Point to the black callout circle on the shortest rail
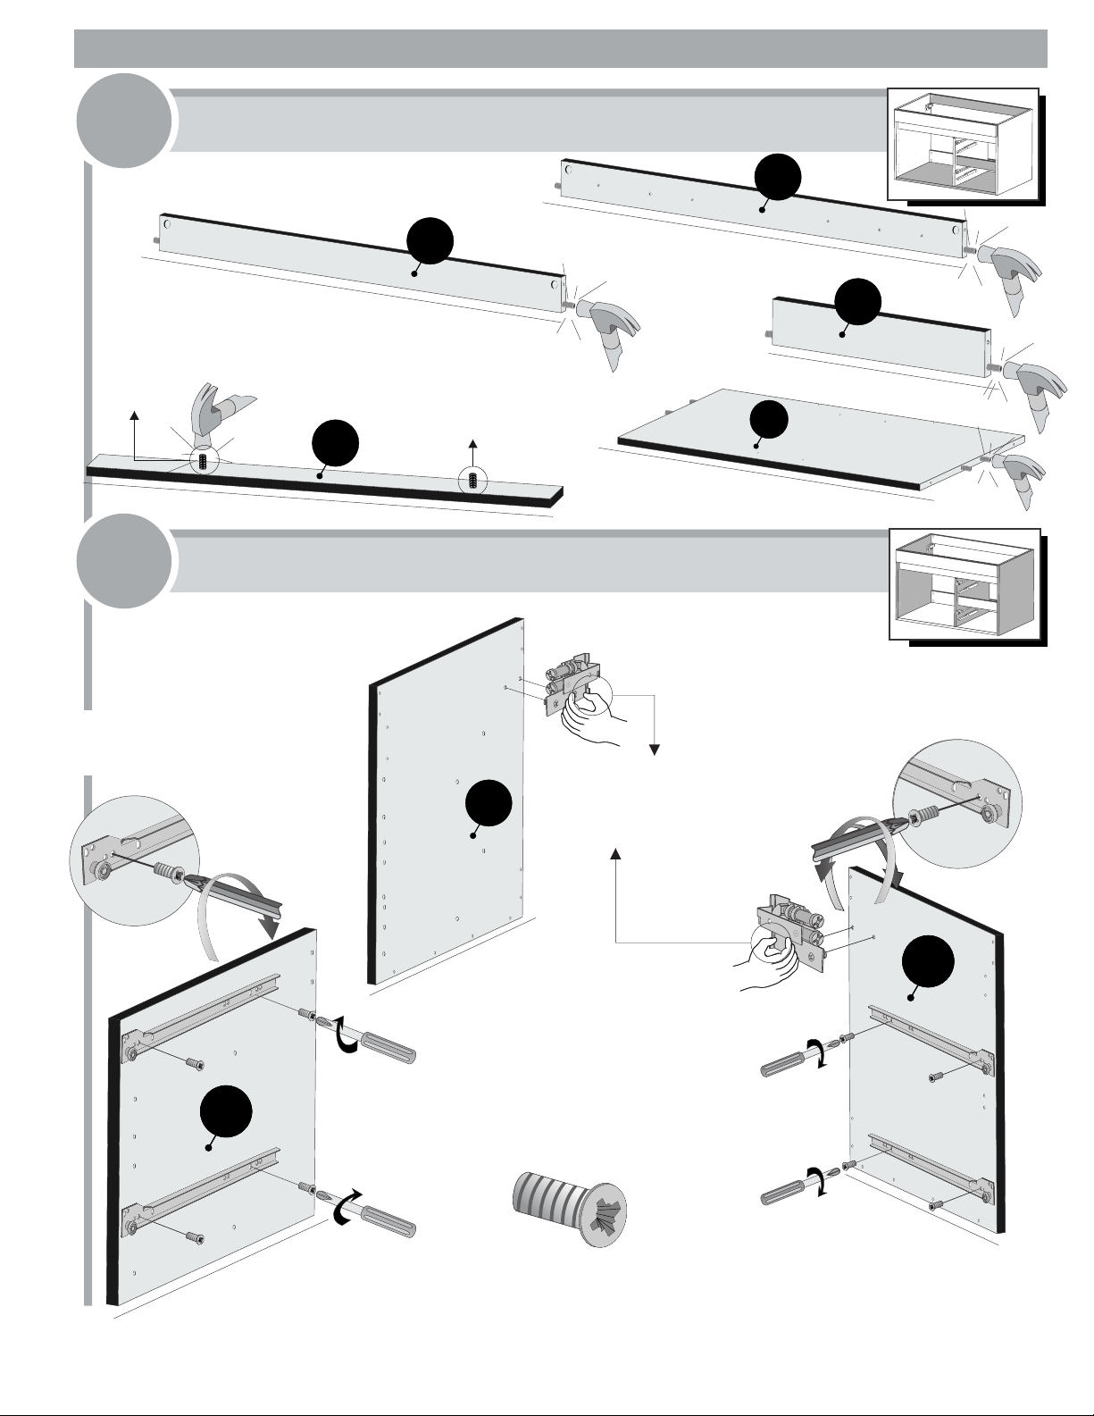[857, 301]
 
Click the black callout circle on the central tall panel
[489, 802]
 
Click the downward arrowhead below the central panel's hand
[655, 750]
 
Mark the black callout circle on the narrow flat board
[336, 444]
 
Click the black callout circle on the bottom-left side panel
[226, 1114]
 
